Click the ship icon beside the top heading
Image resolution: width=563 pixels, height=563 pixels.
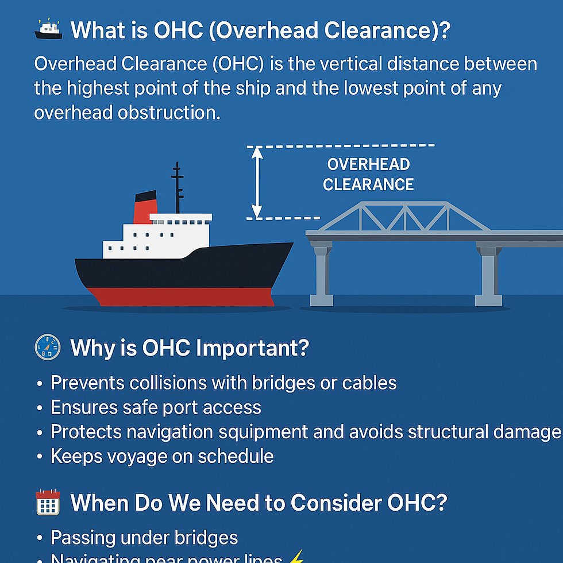pyautogui.click(x=48, y=29)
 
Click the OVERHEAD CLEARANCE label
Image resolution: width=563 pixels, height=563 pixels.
pyautogui.click(x=368, y=174)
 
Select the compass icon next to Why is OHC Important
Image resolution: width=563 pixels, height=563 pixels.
pyautogui.click(x=48, y=348)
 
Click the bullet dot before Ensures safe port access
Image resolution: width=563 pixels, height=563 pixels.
pyautogui.click(x=39, y=408)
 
